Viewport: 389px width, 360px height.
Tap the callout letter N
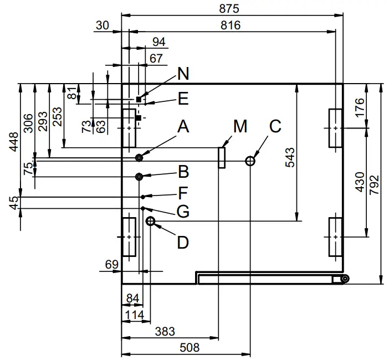tap(183, 73)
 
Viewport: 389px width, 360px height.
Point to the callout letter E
tap(183, 99)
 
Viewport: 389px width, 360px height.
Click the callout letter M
tap(240, 127)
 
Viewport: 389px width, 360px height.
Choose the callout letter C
tap(275, 126)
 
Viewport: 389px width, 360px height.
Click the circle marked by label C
tap(250, 161)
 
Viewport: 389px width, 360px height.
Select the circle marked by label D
tap(150, 222)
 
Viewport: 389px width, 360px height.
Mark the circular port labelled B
tap(139, 176)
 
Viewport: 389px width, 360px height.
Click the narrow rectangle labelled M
tap(222, 157)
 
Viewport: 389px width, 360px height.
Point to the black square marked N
tap(138, 99)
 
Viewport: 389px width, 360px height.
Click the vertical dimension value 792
tap(375, 183)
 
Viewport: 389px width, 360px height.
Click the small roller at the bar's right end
tap(345, 279)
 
